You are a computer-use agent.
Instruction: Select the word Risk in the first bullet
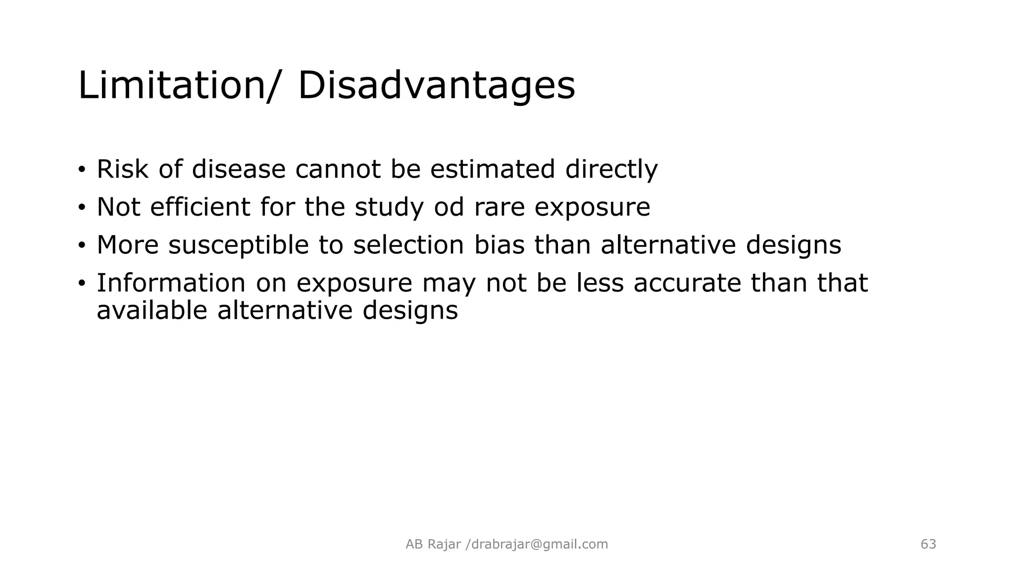122,169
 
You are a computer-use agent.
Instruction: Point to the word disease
239,169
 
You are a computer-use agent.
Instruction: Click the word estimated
493,169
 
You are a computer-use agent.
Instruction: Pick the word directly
611,169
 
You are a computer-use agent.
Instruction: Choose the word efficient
200,207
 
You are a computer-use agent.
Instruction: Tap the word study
389,207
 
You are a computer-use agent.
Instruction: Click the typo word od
449,207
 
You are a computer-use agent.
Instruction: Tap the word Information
171,283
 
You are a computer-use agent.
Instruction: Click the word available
152,311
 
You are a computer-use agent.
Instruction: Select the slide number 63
928,544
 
